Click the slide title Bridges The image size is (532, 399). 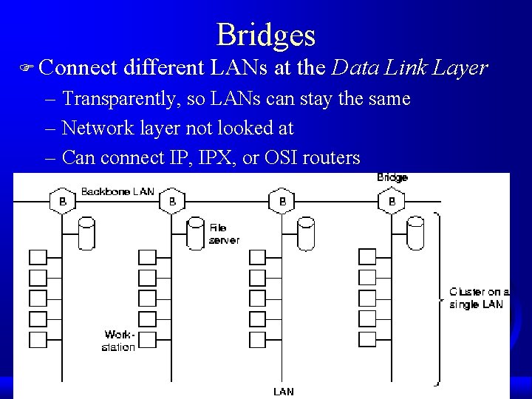266,35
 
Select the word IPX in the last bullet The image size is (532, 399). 216,157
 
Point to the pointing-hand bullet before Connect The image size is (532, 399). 27,68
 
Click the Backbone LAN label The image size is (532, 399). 117,191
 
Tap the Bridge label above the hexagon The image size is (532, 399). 392,177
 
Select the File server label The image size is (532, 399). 224,233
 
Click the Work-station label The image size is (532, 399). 119,341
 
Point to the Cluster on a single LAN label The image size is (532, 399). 479,298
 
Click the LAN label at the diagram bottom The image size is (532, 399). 284,392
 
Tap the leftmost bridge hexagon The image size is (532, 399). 62,201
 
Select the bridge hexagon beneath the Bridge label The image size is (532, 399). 392,201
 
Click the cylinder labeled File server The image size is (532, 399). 195,233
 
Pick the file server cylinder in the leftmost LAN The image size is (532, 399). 86,233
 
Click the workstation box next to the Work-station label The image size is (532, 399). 147,340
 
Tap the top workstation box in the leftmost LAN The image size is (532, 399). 38,258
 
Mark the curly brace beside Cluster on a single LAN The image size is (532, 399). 438,299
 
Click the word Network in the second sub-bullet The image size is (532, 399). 98,129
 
